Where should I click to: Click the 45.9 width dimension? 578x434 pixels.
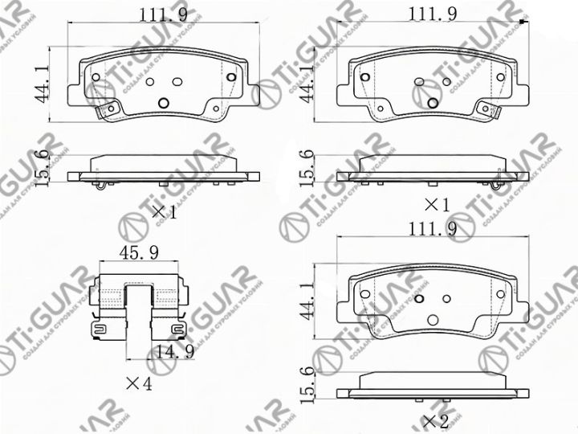coord(139,252)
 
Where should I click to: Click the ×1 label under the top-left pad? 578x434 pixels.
coord(164,213)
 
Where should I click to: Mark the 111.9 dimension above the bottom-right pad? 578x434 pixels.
coord(433,230)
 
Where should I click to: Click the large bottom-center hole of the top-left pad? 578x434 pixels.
coord(163,103)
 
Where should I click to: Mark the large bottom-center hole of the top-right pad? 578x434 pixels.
coord(433,102)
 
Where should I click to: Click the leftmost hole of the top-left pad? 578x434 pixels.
coord(96,77)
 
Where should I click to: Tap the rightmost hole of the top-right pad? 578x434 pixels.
coord(502,77)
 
